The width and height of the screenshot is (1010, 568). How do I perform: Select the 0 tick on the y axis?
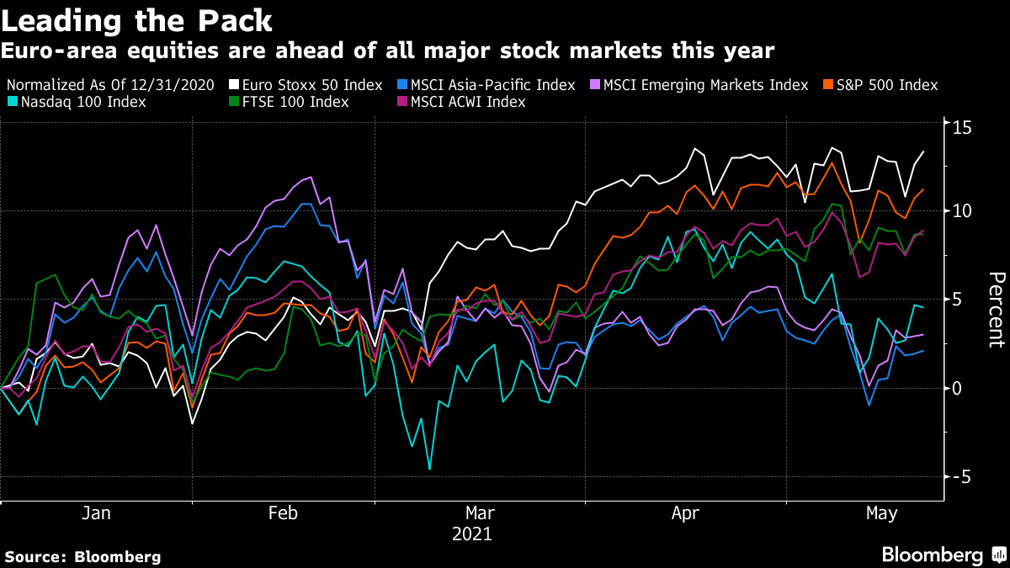point(958,388)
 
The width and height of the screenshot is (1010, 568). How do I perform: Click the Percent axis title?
point(996,309)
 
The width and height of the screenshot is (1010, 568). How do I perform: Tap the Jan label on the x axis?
point(96,513)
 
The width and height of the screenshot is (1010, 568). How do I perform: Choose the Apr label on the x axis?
point(683,513)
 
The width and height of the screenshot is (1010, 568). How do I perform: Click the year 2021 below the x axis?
point(471,533)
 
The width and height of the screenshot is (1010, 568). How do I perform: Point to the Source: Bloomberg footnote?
point(82,556)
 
